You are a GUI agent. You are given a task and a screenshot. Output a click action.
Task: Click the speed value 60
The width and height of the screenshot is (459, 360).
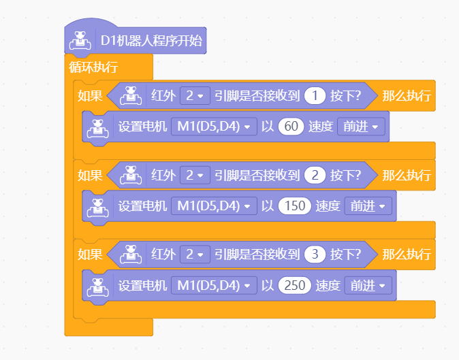point(291,127)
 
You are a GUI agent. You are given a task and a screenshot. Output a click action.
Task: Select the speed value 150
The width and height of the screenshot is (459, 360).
point(294,206)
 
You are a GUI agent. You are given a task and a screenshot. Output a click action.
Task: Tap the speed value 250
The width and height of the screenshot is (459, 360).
point(294,285)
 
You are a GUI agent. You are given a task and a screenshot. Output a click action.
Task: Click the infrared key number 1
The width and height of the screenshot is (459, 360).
point(315,96)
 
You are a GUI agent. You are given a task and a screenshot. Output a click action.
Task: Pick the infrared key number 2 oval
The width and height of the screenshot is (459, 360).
point(315,175)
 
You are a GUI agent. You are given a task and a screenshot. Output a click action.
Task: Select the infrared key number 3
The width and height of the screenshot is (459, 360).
point(315,254)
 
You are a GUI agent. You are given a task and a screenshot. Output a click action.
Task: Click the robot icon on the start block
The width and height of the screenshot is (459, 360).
point(80,40)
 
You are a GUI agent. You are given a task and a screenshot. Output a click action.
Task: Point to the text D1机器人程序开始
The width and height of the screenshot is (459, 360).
point(151,40)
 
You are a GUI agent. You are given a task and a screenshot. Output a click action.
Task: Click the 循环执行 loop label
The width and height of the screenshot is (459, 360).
point(93,67)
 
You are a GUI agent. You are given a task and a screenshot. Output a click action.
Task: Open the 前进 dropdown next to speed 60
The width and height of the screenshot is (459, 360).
point(361,127)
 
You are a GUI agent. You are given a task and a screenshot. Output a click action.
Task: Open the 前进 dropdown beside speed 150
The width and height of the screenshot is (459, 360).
point(368,206)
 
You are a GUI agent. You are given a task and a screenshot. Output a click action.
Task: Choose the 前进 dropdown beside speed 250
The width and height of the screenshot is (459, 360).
point(368,285)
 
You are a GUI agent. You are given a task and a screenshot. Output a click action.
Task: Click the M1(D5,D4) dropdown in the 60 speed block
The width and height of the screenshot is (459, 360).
point(214,127)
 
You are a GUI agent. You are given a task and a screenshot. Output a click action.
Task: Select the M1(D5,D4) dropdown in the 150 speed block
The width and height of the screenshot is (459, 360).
point(214,206)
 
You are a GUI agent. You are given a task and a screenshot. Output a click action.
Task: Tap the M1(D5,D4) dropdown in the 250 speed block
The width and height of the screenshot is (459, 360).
point(214,285)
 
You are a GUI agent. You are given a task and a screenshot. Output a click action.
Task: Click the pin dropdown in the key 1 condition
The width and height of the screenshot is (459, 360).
point(195,96)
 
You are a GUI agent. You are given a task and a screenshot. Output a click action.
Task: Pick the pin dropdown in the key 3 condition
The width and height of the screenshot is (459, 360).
point(195,254)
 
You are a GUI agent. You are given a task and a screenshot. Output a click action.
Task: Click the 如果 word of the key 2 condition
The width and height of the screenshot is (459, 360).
point(90,176)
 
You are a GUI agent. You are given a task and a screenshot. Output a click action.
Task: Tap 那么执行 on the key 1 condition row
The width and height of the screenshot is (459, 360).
point(407,96)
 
